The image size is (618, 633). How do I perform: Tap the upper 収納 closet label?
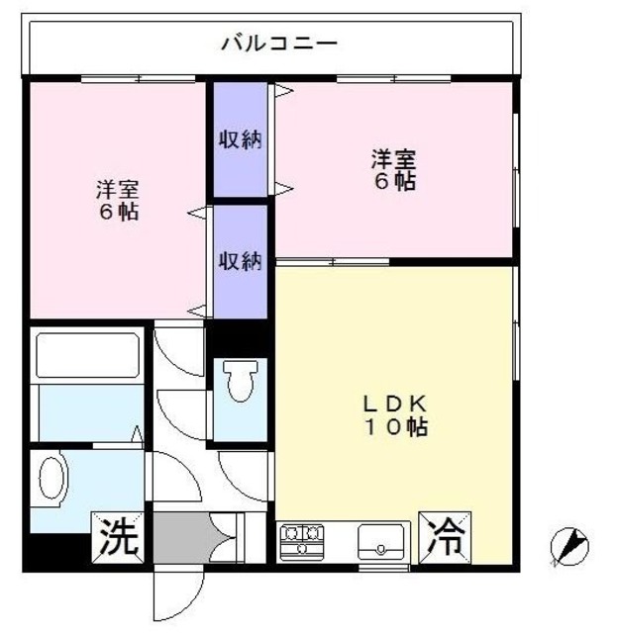click(x=240, y=139)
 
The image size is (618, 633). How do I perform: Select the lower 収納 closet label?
click(x=240, y=261)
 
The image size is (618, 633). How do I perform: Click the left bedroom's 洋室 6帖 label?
click(x=117, y=200)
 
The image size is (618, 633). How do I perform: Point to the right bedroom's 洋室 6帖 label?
click(x=393, y=169)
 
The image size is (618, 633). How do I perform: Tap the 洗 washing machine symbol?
click(x=118, y=536)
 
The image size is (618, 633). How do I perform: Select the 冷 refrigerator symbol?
click(x=447, y=536)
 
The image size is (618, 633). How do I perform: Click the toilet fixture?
click(x=239, y=384)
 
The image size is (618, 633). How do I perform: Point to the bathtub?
click(x=86, y=357)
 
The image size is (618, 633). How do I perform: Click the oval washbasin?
click(x=51, y=481)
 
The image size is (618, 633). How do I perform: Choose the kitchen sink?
click(x=380, y=539)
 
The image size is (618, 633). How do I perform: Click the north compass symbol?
click(x=570, y=546)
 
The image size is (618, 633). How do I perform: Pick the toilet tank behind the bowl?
click(x=239, y=367)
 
